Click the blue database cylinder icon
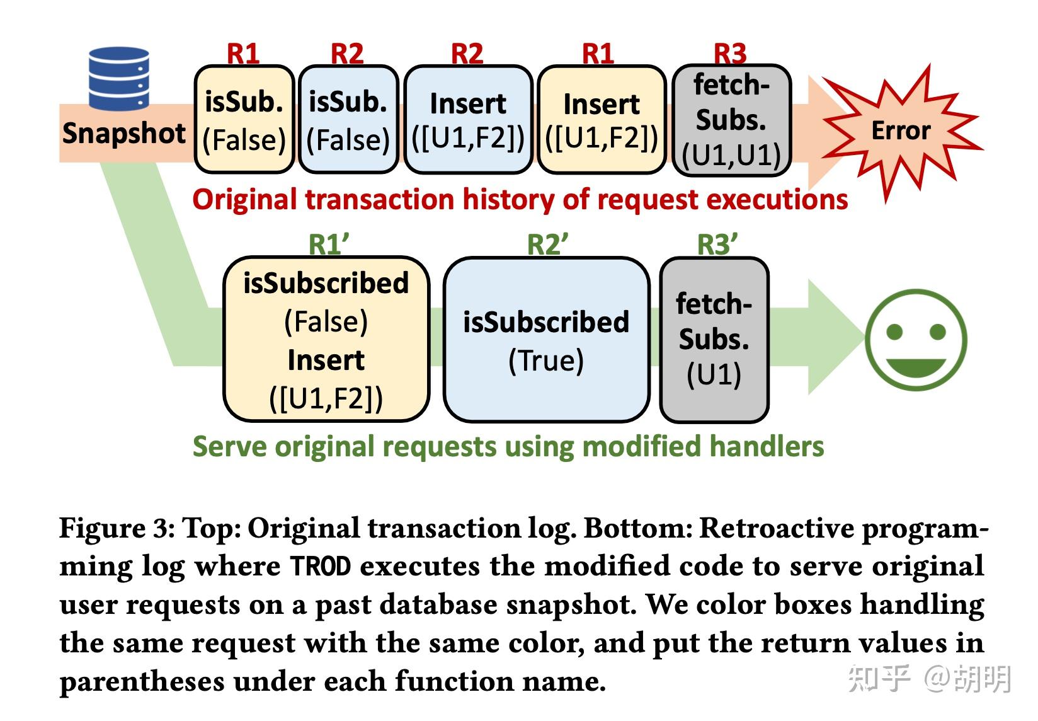pos(119,78)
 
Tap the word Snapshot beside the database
pos(124,134)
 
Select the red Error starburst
pos(900,131)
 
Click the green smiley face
pos(915,340)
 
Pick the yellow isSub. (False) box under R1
pos(244,120)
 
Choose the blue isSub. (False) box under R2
pos(348,120)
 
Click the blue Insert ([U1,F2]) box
pos(468,120)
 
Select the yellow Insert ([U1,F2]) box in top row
pos(602,120)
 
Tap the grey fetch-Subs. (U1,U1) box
pos(731,120)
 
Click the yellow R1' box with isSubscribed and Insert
pos(326,339)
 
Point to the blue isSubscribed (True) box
pos(546,339)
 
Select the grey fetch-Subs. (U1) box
pos(714,339)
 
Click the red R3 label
pos(730,54)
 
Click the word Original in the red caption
pos(245,200)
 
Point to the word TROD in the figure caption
pos(320,566)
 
